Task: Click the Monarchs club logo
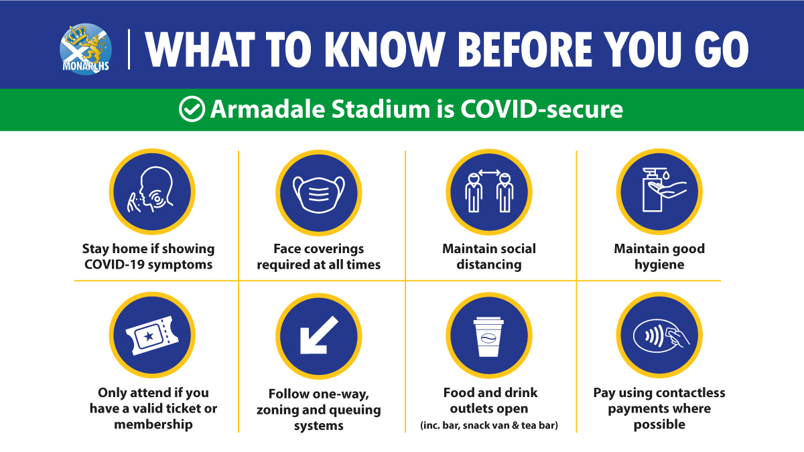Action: coord(86,49)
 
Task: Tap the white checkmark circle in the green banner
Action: coord(192,108)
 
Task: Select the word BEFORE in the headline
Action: coord(525,50)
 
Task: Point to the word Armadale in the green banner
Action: coord(267,108)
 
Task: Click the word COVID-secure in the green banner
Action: coord(541,108)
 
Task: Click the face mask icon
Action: coord(319,194)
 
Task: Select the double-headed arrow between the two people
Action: coord(489,173)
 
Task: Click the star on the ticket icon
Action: coord(149,336)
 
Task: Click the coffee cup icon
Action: coord(488,336)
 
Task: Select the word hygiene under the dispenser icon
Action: coord(659,265)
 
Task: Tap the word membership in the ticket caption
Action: coord(153,425)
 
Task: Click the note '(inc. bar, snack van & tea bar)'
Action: coord(489,425)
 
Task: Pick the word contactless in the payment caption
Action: coord(686,393)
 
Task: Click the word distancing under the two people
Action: coord(489,265)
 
